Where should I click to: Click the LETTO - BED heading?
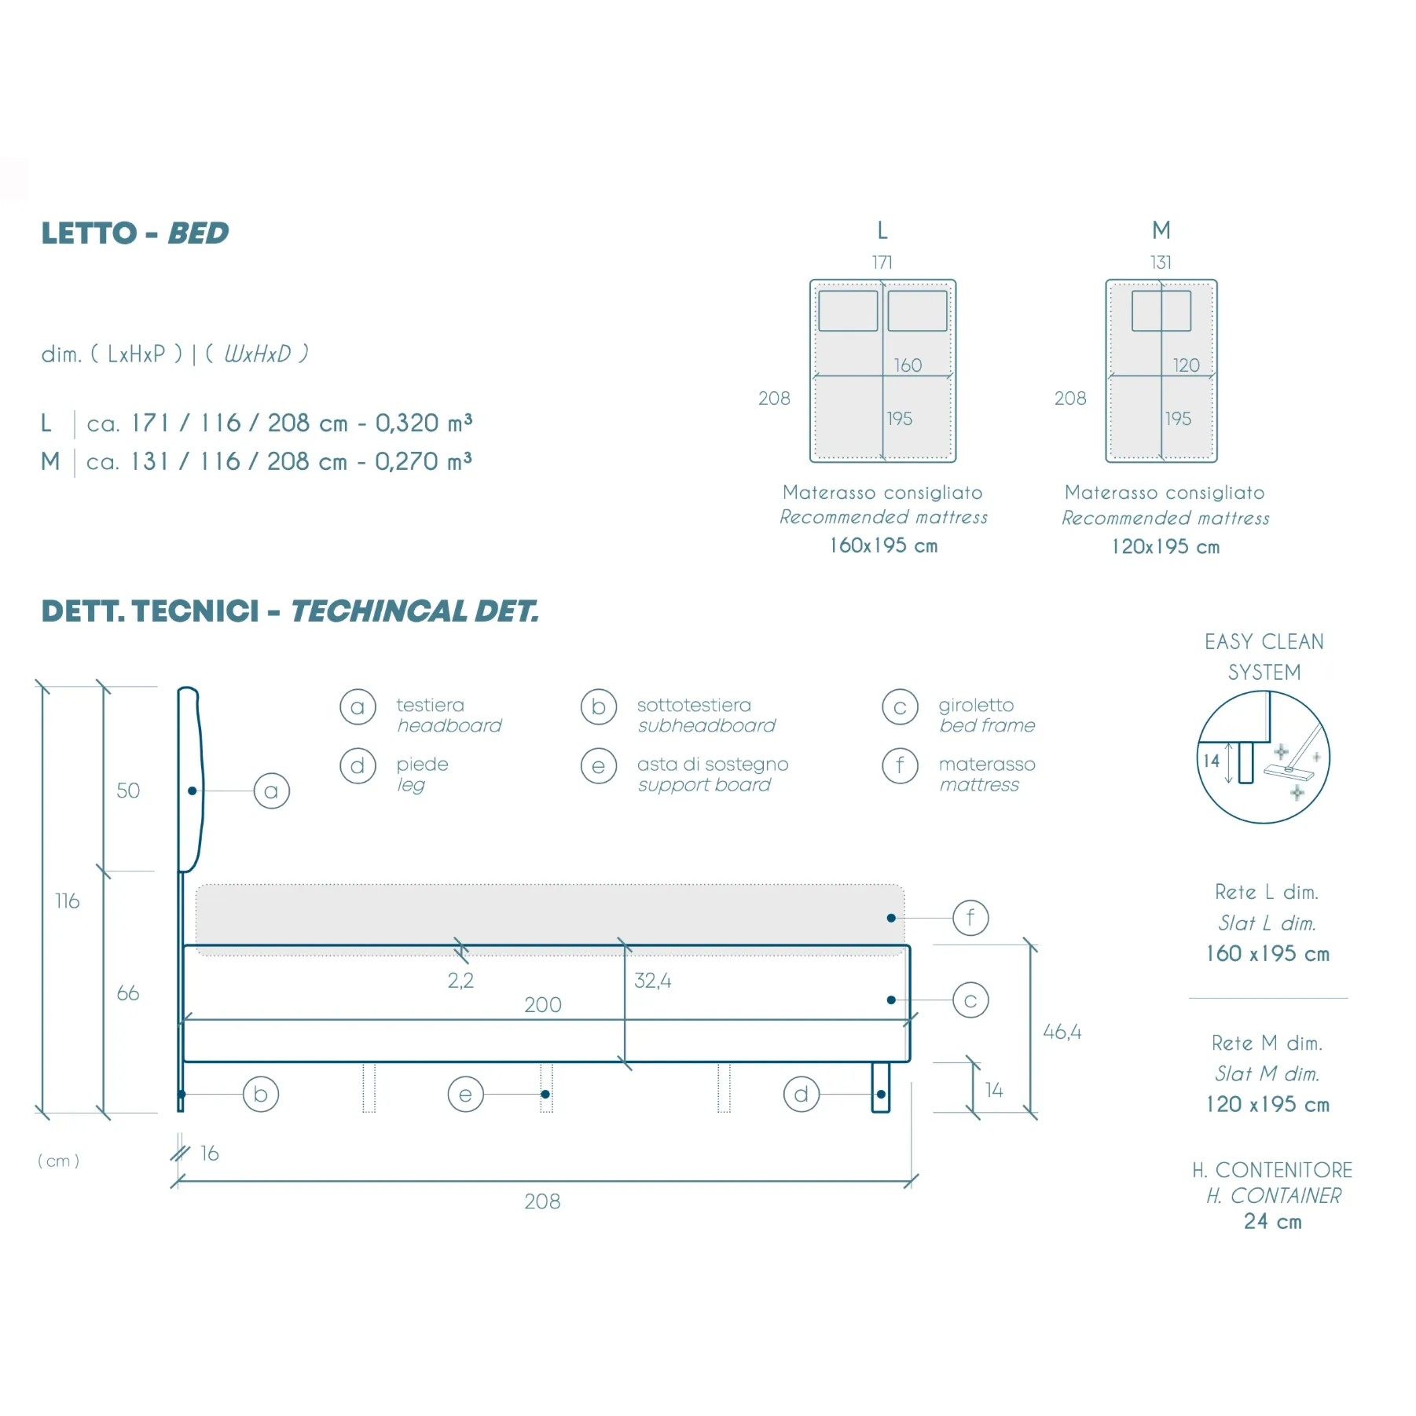click(x=135, y=233)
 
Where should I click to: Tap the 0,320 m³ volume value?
click(x=424, y=423)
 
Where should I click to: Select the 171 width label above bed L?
click(x=882, y=262)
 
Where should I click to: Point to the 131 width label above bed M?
click(x=1161, y=262)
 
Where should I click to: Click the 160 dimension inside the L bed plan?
click(x=908, y=365)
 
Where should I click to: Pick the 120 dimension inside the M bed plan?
click(x=1187, y=365)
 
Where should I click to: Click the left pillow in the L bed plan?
click(x=848, y=310)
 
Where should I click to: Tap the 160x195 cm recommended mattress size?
click(x=884, y=545)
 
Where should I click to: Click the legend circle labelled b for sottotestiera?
click(x=599, y=707)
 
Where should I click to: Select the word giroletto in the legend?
click(x=976, y=706)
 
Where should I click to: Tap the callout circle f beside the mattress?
click(x=970, y=918)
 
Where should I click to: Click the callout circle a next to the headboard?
click(x=272, y=791)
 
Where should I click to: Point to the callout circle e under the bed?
click(x=466, y=1095)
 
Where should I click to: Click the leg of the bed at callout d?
click(x=881, y=1088)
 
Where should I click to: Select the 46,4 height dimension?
click(x=1062, y=1032)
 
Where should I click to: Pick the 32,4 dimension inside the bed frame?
click(x=653, y=981)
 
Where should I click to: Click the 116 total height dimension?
click(x=68, y=901)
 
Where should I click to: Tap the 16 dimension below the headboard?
click(x=210, y=1154)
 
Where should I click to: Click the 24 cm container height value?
click(x=1273, y=1222)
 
